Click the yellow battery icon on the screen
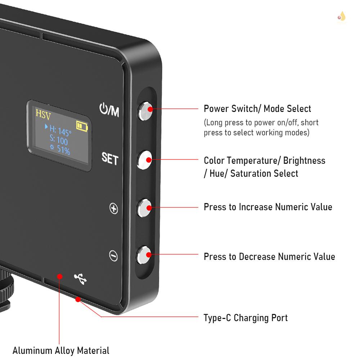[82, 126]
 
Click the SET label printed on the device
[110, 158]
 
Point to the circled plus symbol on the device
[114, 208]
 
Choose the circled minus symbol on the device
[113, 256]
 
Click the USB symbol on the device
[80, 279]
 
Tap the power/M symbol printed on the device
[109, 110]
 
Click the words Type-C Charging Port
[246, 318]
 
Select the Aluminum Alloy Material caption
[61, 350]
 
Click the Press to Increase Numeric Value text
[268, 207]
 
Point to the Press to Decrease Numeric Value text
[269, 257]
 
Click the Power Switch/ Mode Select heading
[257, 109]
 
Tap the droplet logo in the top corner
[341, 16]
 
